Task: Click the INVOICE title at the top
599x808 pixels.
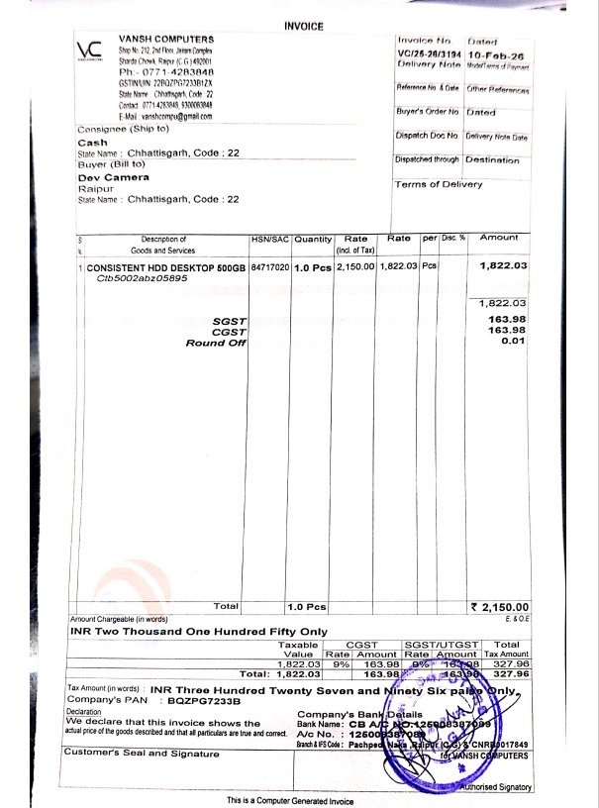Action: (x=303, y=26)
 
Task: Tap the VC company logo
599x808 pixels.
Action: (x=89, y=51)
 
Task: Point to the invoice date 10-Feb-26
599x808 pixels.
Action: (x=498, y=56)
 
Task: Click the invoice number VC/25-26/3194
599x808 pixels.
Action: (x=429, y=56)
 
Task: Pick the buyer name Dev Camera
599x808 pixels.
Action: (x=114, y=177)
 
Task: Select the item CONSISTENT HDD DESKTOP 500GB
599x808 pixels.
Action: (x=166, y=267)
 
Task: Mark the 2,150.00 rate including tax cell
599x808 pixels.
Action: (x=355, y=267)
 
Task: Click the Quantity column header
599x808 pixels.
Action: (x=313, y=239)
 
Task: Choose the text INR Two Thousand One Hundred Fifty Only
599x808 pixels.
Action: (x=198, y=630)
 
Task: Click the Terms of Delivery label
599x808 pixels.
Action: (x=439, y=184)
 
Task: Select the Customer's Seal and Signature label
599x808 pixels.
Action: (x=142, y=754)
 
